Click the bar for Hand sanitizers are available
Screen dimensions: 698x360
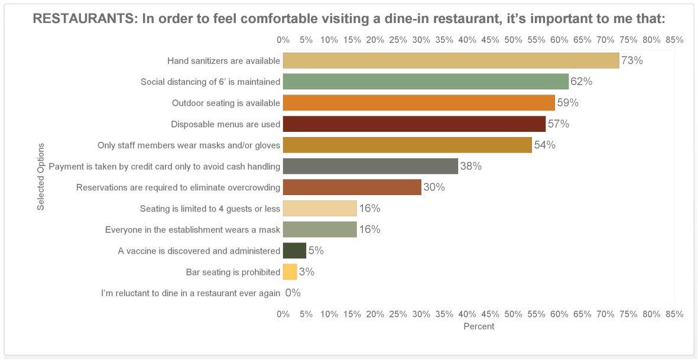(451, 60)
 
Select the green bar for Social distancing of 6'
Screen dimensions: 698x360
(426, 82)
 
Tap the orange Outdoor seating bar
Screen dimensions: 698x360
(419, 103)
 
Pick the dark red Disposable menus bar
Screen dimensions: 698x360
(414, 124)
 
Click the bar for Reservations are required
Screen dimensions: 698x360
(352, 187)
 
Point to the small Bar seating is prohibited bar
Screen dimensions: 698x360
(290, 272)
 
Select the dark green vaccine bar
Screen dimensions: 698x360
(295, 251)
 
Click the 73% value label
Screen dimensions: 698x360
(632, 60)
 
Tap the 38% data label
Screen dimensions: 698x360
(471, 166)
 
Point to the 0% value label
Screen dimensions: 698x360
(293, 293)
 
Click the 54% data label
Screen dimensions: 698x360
(544, 145)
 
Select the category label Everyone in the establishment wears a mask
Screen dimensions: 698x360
(193, 229)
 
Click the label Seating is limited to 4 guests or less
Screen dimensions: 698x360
(210, 209)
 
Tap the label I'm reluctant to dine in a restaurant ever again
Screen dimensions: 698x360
(190, 293)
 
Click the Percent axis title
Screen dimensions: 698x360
(479, 327)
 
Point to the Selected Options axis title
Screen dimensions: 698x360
(41, 176)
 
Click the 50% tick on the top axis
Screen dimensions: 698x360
(513, 40)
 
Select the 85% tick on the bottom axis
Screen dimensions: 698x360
(674, 314)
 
